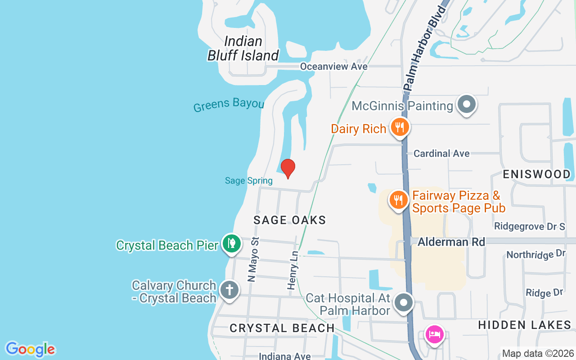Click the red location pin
pos(288,168)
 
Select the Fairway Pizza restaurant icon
pos(398,199)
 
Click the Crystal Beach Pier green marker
pos(231,243)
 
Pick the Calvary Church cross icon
pos(229,289)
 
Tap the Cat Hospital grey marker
pos(404,302)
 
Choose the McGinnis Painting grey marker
pos(467,104)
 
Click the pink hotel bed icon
pos(434,335)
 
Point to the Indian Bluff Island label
pos(243,49)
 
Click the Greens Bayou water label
pos(229,104)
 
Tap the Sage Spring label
pos(249,181)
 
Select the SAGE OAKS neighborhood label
pos(289,220)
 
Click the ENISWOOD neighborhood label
pos(536,174)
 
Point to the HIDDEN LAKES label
pos(524,325)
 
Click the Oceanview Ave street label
pos(334,67)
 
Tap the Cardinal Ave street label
pos(441,153)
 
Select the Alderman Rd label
pos(451,242)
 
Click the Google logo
pos(30,349)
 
